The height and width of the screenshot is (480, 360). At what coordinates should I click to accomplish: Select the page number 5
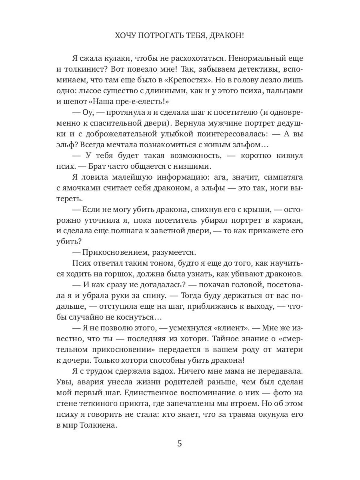tap(180, 444)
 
